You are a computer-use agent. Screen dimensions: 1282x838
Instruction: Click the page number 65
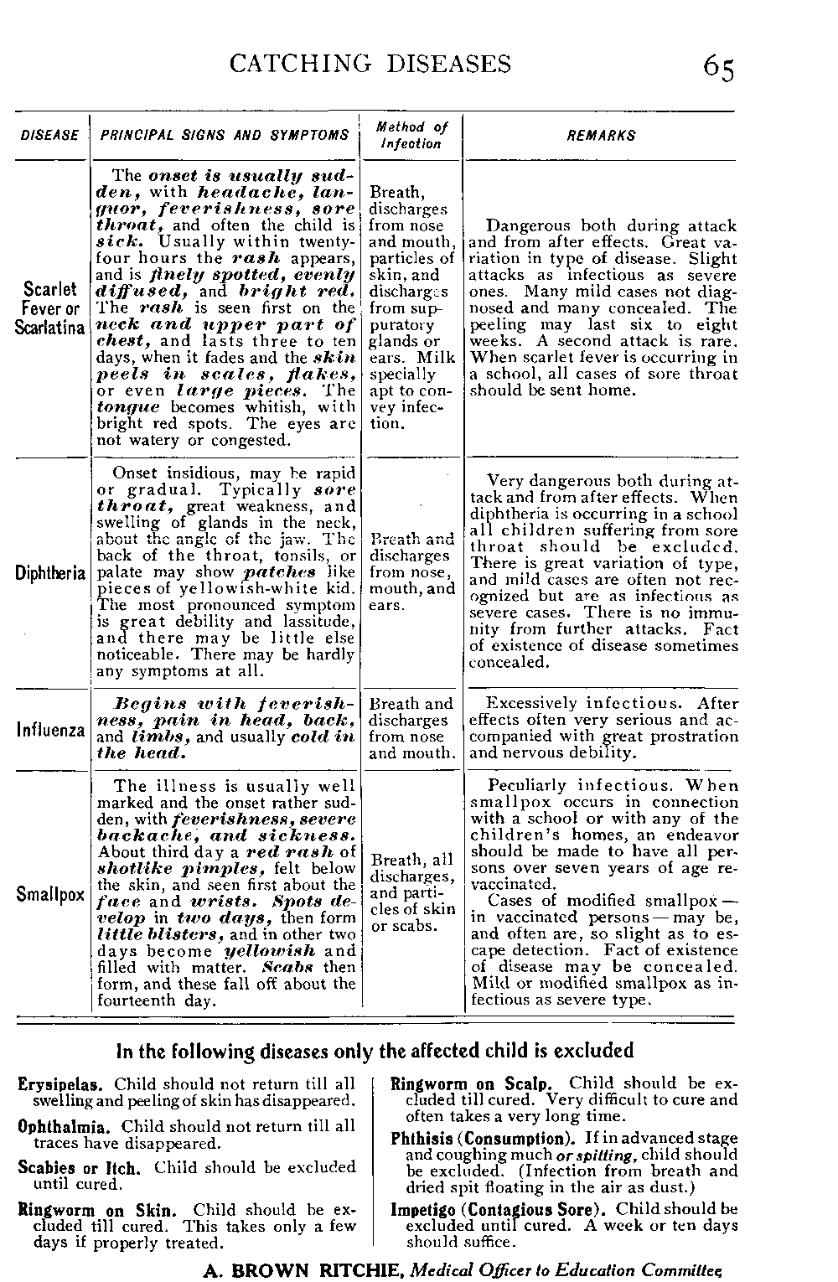pyautogui.click(x=719, y=67)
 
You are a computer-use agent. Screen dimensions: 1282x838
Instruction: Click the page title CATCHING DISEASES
pyautogui.click(x=370, y=64)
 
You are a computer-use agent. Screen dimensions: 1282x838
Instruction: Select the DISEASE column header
pyautogui.click(x=49, y=136)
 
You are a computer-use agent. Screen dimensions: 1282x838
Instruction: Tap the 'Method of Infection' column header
pyautogui.click(x=411, y=136)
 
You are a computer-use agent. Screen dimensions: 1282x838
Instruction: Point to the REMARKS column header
pyautogui.click(x=601, y=136)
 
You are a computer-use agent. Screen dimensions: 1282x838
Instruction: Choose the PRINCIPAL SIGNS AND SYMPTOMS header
pyautogui.click(x=225, y=136)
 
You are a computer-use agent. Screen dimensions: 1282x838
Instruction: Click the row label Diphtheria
pyautogui.click(x=50, y=574)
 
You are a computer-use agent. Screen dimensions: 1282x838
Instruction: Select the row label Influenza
pyautogui.click(x=50, y=729)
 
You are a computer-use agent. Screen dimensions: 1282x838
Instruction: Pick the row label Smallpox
pyautogui.click(x=50, y=894)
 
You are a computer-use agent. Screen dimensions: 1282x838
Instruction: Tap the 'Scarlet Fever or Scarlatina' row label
pyautogui.click(x=50, y=308)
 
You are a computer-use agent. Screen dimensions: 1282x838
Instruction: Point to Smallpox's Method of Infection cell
pyautogui.click(x=412, y=892)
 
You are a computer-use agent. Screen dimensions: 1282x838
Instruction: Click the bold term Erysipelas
pyautogui.click(x=63, y=1085)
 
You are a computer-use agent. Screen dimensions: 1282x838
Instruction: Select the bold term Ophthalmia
pyautogui.click(x=66, y=1126)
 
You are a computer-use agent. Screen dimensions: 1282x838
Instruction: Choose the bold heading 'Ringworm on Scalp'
pyautogui.click(x=475, y=1083)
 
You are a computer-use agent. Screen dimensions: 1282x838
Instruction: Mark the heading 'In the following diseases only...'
pyautogui.click(x=375, y=1051)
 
